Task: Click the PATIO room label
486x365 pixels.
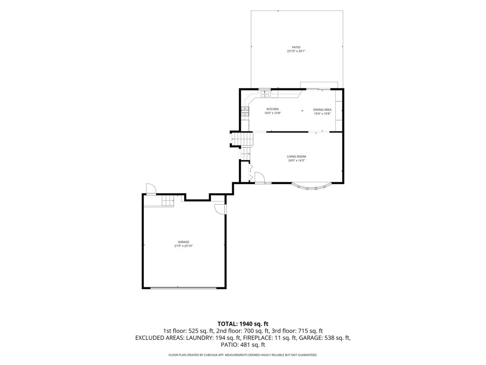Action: coord(296,47)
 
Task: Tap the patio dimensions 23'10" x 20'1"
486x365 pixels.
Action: coord(296,51)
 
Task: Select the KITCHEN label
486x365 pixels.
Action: coord(272,109)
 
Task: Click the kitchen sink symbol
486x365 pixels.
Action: coord(265,94)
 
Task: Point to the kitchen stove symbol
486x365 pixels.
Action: coord(245,112)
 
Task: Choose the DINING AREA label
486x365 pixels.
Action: coord(322,109)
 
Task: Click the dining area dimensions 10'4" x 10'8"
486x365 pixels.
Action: coord(322,114)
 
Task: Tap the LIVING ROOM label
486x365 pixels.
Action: coord(296,157)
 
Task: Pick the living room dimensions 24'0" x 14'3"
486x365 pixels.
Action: coord(296,161)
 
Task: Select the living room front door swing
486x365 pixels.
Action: coord(260,178)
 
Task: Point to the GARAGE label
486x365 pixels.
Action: coord(183,242)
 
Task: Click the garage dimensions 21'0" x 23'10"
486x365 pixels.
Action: coord(183,246)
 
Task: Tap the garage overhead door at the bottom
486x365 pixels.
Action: coord(183,288)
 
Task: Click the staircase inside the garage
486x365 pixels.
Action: coord(168,201)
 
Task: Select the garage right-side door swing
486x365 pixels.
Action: coord(220,209)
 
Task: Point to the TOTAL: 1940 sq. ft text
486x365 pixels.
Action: coord(243,324)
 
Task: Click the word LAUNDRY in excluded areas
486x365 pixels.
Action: coord(199,338)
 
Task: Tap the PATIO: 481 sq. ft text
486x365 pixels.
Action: coord(243,345)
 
